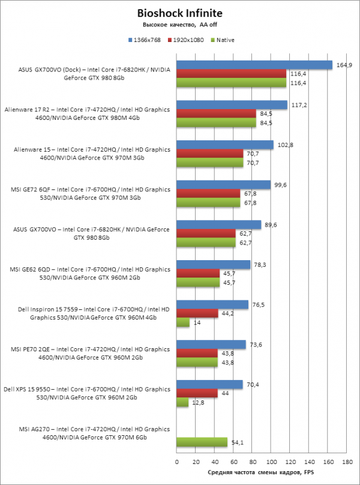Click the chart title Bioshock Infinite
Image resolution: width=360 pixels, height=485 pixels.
tap(179, 13)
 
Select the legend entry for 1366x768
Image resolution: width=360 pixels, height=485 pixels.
tap(145, 40)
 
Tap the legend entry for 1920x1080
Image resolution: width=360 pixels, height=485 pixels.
tap(186, 40)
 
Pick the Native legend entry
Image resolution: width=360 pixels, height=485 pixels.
tap(222, 40)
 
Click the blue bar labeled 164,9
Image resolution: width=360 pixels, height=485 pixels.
tap(254, 65)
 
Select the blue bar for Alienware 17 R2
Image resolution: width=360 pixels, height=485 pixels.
tap(232, 105)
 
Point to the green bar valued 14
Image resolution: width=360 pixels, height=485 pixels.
tap(183, 323)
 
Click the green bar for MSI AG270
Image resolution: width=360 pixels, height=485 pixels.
tap(202, 442)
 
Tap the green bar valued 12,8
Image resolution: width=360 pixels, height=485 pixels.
tap(182, 402)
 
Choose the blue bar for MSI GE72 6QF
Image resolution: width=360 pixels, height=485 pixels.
tap(223, 185)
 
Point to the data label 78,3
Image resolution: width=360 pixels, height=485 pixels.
tap(259, 265)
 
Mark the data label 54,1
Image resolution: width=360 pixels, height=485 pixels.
tap(237, 442)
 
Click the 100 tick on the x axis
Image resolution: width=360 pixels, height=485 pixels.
tap(271, 462)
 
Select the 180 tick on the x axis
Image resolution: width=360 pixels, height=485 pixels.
tap(347, 462)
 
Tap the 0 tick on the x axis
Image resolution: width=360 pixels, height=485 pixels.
tap(176, 462)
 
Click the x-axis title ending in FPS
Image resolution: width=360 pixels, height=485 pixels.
tap(260, 472)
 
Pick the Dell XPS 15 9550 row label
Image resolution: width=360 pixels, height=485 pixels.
tap(87, 393)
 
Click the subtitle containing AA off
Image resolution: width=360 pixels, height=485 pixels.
tap(179, 25)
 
